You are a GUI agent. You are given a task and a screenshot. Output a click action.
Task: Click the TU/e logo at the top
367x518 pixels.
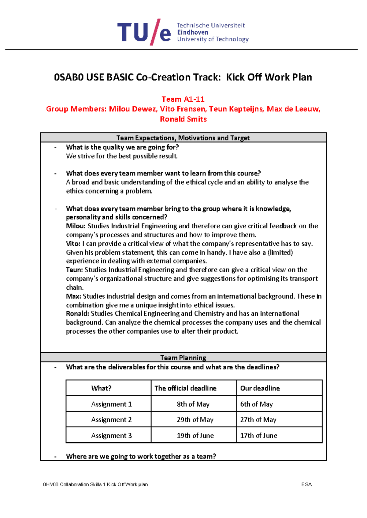144,32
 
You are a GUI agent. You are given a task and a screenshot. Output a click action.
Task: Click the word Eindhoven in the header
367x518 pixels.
192,32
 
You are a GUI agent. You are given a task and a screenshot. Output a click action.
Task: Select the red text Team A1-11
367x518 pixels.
183,99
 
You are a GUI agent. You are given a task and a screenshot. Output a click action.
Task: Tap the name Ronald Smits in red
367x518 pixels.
183,119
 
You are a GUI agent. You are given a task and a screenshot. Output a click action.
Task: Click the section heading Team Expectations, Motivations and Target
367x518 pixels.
183,138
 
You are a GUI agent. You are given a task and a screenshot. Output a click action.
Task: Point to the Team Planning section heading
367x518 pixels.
183,357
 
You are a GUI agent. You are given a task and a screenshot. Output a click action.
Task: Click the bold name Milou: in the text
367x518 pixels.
76,226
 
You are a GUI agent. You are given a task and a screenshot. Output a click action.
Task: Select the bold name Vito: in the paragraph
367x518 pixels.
73,244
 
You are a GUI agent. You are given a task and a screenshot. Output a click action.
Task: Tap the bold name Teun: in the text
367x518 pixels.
74,270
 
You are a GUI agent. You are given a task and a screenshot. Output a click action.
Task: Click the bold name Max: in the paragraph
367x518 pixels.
73,296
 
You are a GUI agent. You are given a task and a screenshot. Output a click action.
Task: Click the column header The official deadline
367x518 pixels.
185,388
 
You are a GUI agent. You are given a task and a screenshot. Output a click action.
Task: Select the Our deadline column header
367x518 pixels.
260,388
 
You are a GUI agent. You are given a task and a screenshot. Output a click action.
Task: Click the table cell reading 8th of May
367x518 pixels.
193,404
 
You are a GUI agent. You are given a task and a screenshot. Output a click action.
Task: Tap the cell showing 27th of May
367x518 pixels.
258,420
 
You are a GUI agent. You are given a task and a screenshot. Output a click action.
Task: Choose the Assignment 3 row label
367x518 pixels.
111,436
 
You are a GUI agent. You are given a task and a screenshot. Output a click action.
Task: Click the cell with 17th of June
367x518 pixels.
259,436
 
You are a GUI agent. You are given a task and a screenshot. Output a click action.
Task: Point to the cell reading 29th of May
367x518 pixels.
195,420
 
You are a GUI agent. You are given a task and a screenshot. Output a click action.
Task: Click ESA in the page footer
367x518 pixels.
306,484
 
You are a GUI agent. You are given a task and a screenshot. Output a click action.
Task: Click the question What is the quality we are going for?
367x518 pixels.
122,147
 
